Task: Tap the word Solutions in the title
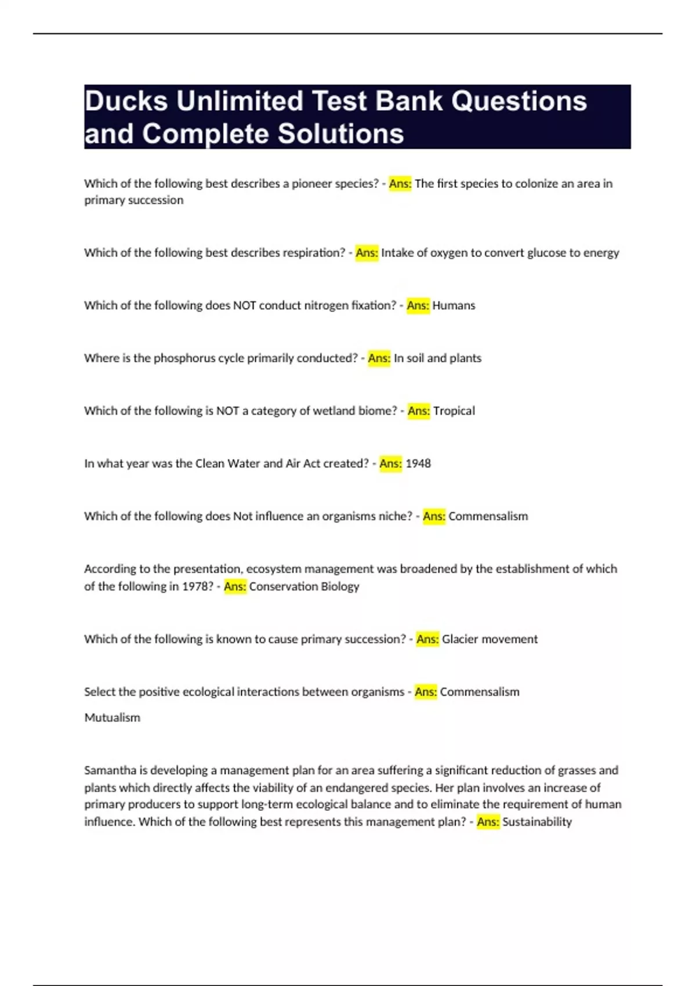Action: (x=340, y=134)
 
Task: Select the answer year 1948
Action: (x=418, y=463)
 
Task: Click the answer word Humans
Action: (x=454, y=306)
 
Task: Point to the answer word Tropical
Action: (x=454, y=411)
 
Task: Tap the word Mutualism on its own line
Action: (x=113, y=717)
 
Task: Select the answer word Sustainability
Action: (x=537, y=822)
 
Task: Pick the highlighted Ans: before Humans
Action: (x=418, y=306)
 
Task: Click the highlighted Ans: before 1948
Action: (x=390, y=463)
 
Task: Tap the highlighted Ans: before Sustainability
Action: (x=488, y=822)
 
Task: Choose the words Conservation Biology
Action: (x=304, y=586)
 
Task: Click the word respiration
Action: (x=313, y=253)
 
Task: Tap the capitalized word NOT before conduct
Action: (x=244, y=306)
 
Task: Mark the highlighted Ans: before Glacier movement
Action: (x=427, y=639)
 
